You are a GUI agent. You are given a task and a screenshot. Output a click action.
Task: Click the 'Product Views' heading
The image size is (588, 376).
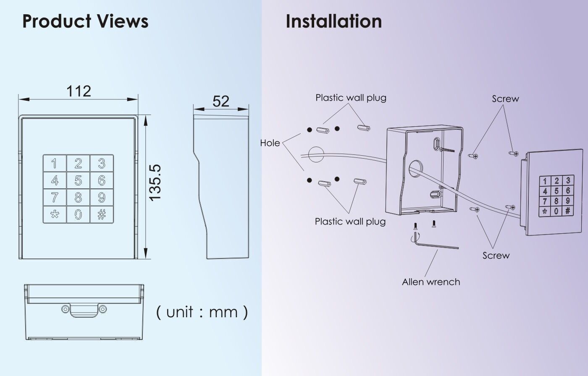pyautogui.click(x=85, y=21)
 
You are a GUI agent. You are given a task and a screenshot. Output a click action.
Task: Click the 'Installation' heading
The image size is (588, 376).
pyautogui.click(x=333, y=21)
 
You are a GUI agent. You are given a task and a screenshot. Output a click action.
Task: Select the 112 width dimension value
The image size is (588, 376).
pyautogui.click(x=79, y=91)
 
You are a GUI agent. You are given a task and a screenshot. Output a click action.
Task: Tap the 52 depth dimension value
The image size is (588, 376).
pyautogui.click(x=221, y=101)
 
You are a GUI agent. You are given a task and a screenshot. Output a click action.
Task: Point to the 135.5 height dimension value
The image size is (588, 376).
pyautogui.click(x=155, y=183)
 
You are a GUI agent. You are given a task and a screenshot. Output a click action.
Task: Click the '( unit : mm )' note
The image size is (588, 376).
pyautogui.click(x=202, y=312)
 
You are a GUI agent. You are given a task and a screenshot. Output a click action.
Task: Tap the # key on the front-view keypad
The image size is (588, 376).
pyautogui.click(x=101, y=214)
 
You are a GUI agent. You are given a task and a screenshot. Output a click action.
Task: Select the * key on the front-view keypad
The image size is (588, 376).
pyautogui.click(x=55, y=214)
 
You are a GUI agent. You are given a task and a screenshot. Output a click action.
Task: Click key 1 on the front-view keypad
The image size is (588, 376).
pyautogui.click(x=55, y=163)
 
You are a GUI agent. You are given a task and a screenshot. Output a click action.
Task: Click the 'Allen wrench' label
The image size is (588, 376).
pyautogui.click(x=430, y=282)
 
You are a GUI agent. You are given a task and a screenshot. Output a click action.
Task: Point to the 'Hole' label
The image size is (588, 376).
pyautogui.click(x=270, y=143)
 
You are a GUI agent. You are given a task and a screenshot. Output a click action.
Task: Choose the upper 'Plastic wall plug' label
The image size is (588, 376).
pyautogui.click(x=351, y=98)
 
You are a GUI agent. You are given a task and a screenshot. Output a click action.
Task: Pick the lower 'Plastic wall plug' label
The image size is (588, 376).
pyautogui.click(x=350, y=221)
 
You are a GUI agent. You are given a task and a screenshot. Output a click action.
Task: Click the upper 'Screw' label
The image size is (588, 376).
pyautogui.click(x=505, y=99)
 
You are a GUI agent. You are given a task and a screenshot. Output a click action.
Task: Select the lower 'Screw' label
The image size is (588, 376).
pyautogui.click(x=496, y=256)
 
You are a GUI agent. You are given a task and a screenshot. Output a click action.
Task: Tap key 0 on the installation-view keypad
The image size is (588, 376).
pyautogui.click(x=556, y=211)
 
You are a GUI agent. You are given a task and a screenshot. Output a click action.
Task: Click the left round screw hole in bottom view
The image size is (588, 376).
pyautogui.click(x=65, y=309)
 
